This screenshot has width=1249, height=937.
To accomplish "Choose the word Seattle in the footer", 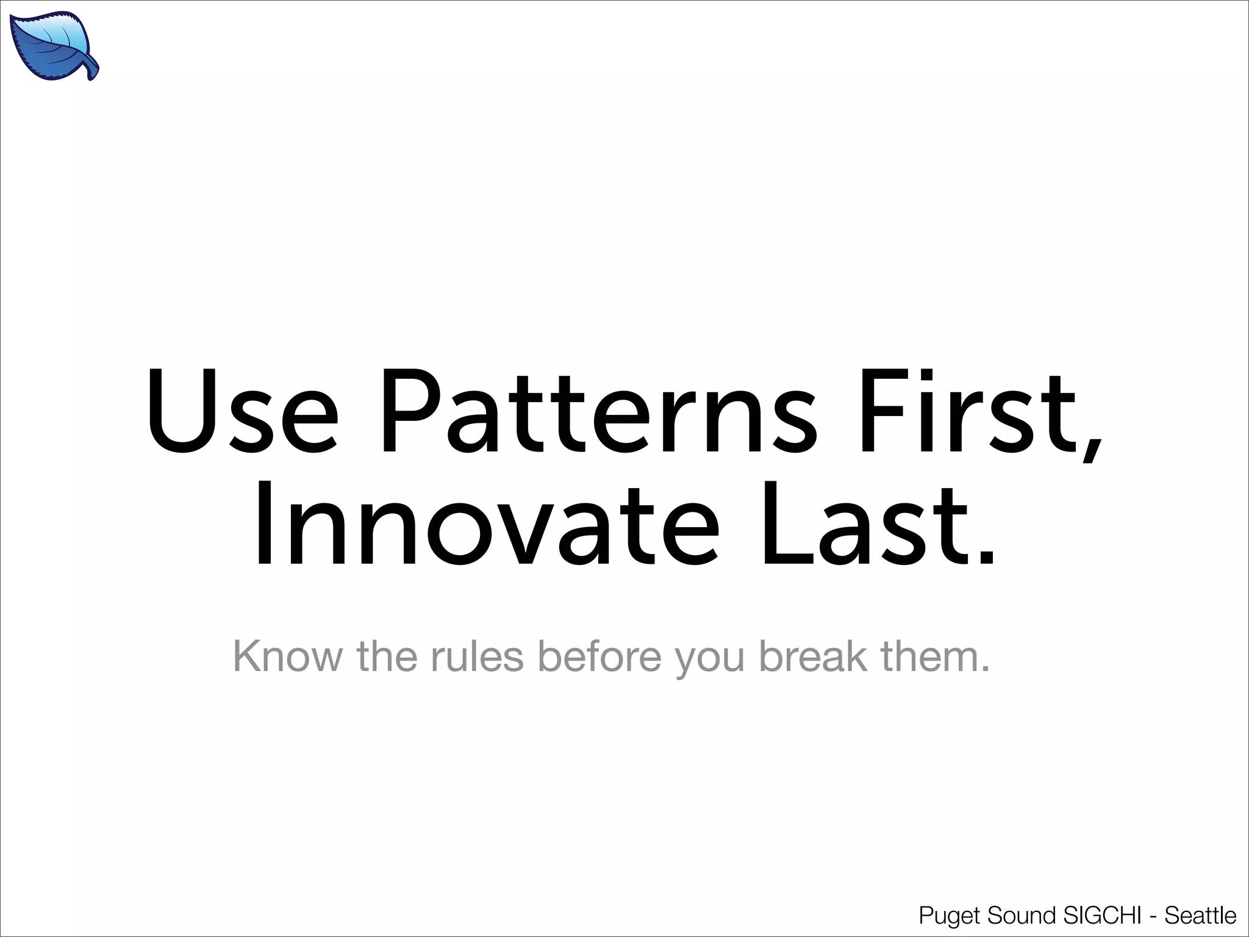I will tap(1200, 916).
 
